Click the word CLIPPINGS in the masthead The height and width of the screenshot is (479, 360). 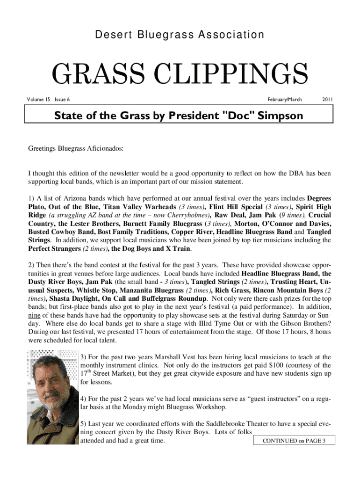coord(234,74)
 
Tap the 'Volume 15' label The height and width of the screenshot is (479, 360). coord(39,100)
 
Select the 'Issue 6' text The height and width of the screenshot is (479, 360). coord(62,100)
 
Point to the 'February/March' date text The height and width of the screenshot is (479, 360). coord(285,100)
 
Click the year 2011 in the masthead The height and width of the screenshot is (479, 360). coord(327,100)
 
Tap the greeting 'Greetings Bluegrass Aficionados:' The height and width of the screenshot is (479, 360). coord(77,149)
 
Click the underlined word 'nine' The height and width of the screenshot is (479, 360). coord(34,315)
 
